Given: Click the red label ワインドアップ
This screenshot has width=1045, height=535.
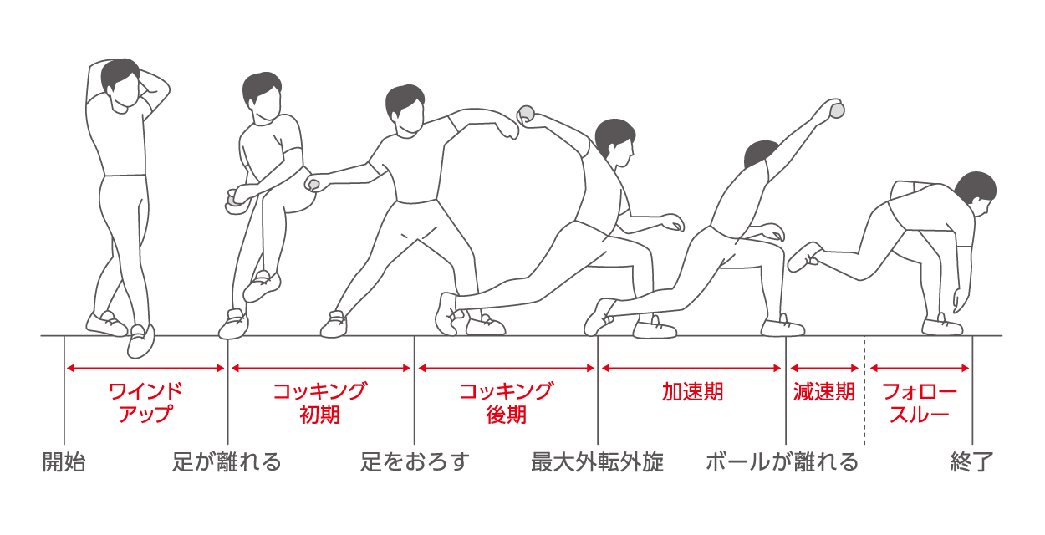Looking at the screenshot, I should tap(145, 402).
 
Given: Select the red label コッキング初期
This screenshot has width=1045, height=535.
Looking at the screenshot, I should tap(320, 402).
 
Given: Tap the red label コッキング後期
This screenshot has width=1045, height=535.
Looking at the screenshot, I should tap(507, 402).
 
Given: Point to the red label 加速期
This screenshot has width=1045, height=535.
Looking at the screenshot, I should tap(692, 392).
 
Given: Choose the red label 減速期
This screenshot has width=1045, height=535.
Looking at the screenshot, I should tap(824, 392).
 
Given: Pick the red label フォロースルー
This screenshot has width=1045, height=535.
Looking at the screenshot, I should tap(920, 402).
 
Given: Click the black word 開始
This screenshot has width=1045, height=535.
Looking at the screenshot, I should tap(64, 462).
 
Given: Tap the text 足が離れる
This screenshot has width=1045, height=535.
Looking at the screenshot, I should tap(227, 462).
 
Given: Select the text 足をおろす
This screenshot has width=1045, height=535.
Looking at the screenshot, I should tap(415, 462).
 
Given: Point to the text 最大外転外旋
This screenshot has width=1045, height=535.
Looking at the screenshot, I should tap(598, 462).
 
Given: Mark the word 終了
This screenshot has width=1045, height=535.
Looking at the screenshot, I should tap(971, 462).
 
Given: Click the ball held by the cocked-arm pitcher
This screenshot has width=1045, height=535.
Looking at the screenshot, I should tap(527, 112).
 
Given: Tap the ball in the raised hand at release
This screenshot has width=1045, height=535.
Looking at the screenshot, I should tap(835, 109).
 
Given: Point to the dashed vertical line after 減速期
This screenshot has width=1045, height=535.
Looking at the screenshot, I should tap(865, 393).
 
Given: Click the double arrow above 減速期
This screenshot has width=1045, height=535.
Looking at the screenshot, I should tap(824, 368).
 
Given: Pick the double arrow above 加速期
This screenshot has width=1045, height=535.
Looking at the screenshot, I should tap(691, 368).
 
